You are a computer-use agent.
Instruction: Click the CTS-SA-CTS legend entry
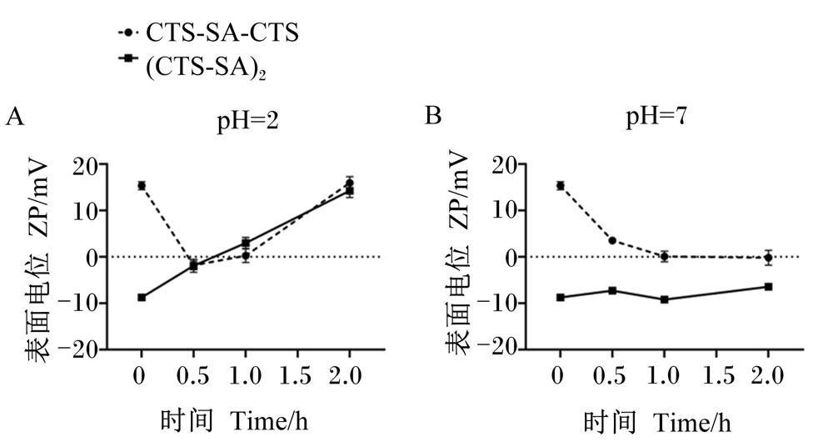[x=208, y=33]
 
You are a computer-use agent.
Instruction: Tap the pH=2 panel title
[x=247, y=122]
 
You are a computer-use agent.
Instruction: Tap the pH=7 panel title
[x=656, y=117]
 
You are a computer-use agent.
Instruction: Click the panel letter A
[x=15, y=117]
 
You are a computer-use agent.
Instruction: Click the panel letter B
[x=433, y=115]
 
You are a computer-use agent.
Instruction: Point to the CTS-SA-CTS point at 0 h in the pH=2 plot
[x=142, y=186]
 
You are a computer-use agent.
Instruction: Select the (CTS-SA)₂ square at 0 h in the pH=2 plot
[x=142, y=298]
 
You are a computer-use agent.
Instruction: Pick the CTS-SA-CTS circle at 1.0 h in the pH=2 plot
[x=246, y=256]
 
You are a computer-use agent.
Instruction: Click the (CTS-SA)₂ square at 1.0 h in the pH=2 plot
[x=246, y=244]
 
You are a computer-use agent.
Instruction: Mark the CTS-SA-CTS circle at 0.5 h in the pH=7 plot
[x=612, y=240]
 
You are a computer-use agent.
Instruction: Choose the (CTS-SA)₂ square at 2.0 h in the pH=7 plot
[x=768, y=287]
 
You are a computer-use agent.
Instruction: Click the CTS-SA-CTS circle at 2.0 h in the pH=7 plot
[x=768, y=258]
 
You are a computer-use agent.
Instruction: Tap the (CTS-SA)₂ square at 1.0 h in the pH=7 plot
[x=664, y=299]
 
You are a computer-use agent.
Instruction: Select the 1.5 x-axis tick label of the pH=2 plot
[x=297, y=377]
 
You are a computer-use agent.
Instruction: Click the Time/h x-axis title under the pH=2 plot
[x=269, y=422]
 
